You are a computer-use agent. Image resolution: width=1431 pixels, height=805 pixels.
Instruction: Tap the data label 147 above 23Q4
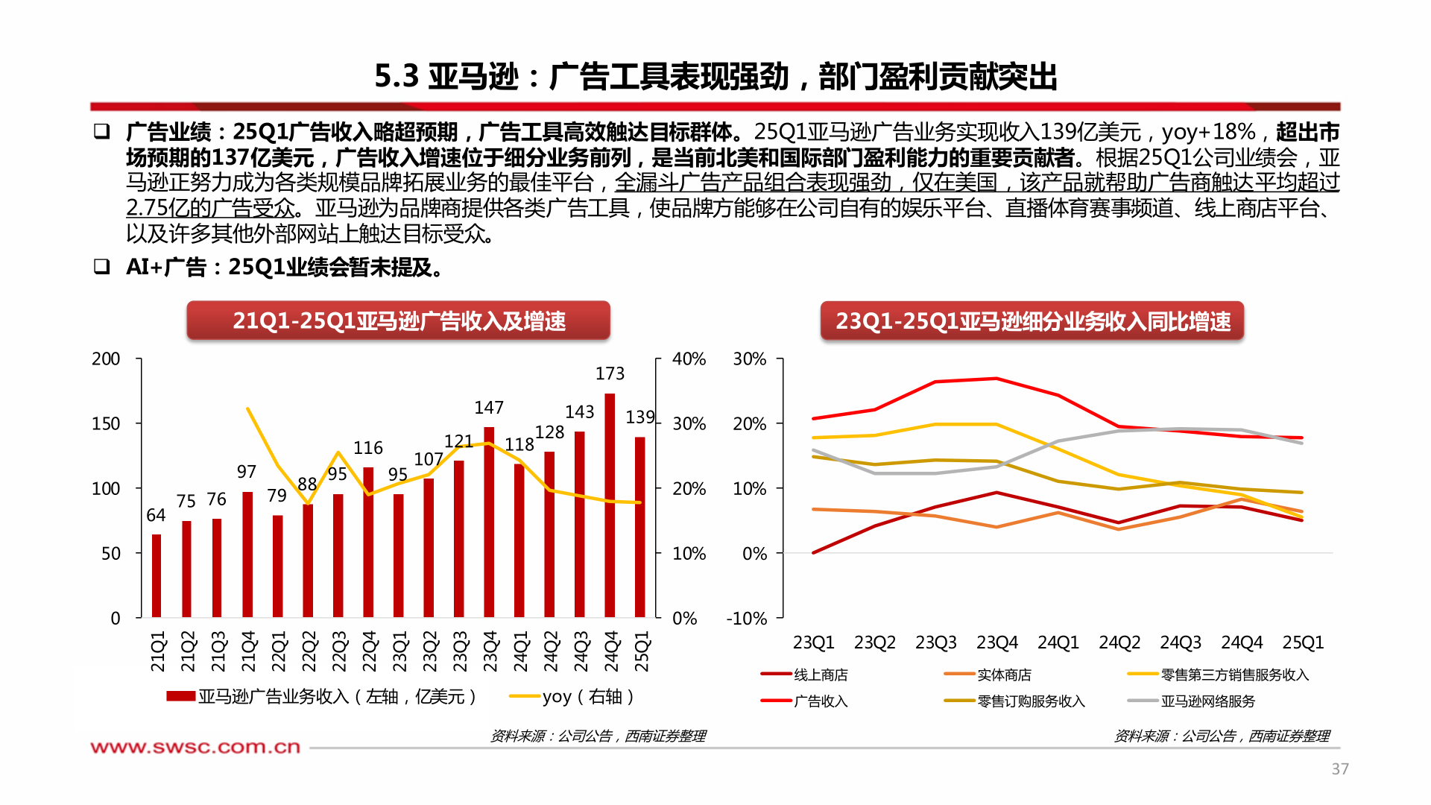pos(489,408)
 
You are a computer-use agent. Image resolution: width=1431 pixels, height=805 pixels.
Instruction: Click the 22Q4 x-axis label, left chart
pos(369,651)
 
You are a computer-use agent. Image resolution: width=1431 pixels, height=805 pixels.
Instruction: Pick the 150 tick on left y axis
pos(106,423)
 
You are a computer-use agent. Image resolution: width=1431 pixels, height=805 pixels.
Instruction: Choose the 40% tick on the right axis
pos(689,359)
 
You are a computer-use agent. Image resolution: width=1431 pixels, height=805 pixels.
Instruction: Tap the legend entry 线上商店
pos(820,675)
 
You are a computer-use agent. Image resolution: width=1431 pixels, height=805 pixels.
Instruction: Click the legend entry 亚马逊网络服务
pos(1207,701)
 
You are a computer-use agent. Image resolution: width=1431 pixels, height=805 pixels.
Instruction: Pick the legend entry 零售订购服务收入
pos(1031,701)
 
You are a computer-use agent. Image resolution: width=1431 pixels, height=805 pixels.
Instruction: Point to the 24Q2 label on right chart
pos(1119,643)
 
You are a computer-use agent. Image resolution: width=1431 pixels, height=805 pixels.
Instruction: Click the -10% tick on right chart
pos(747,619)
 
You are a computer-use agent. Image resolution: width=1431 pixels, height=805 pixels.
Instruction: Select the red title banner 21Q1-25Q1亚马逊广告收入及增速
pos(398,321)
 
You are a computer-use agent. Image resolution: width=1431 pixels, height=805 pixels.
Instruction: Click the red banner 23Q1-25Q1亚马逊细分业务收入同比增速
pos(1032,321)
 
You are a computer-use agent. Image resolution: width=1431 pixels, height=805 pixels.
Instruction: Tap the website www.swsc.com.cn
pos(195,747)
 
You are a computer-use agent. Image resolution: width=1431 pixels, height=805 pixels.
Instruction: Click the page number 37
pos(1339,768)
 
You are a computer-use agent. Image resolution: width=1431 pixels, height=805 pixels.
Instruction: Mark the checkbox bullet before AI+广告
pos(102,266)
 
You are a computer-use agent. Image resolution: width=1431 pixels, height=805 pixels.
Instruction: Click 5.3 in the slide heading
pos(397,77)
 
